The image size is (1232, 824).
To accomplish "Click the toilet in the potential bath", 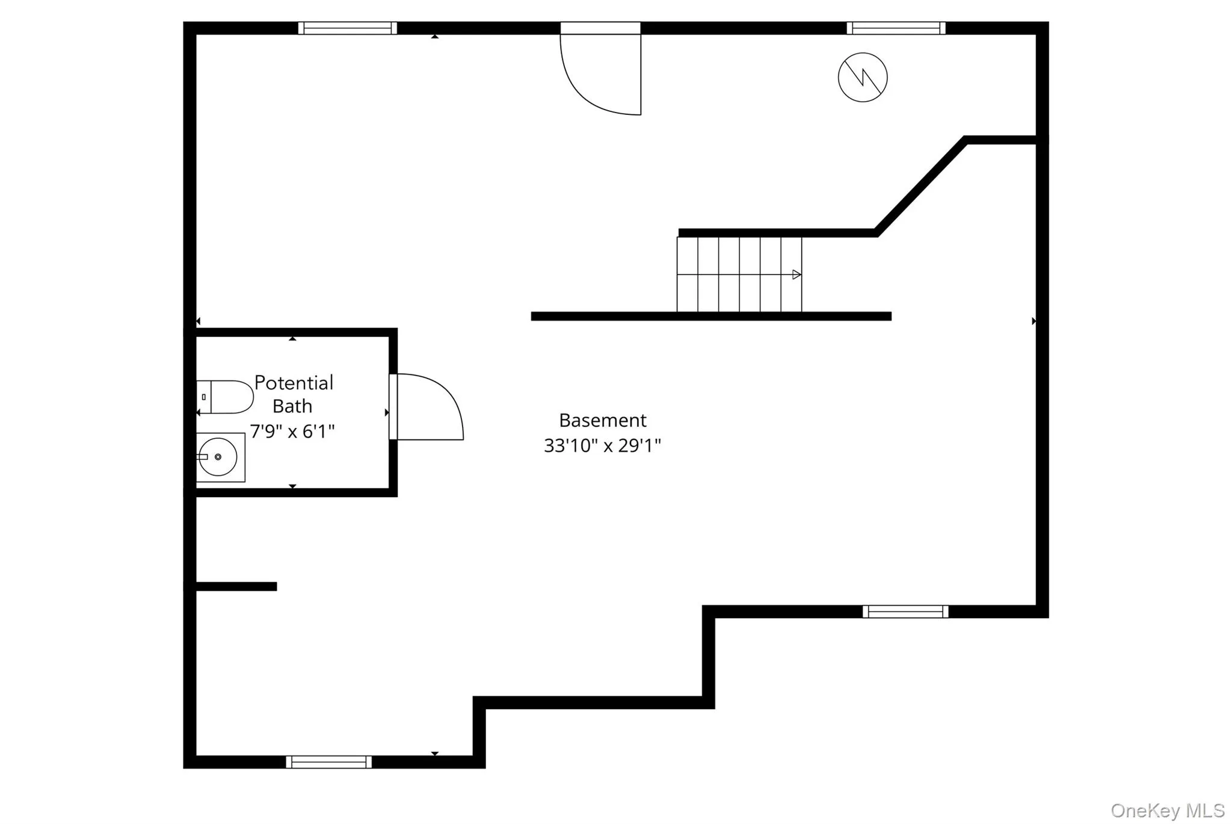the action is click(x=225, y=397).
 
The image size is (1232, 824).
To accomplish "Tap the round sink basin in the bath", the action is click(x=218, y=457).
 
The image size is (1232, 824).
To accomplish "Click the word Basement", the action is click(x=603, y=420).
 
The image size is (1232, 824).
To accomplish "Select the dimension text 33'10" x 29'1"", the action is click(x=603, y=445).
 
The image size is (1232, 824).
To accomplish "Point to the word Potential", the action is click(x=294, y=383).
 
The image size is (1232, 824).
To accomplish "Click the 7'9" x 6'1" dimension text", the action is click(x=292, y=432).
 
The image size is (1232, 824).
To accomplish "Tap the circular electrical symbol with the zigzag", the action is click(x=863, y=77).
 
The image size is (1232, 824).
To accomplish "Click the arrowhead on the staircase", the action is click(x=797, y=275).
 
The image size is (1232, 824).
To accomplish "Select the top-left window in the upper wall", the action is click(x=348, y=28).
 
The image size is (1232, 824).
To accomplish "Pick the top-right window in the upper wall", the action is click(x=896, y=28).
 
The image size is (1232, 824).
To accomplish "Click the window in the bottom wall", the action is click(x=328, y=762).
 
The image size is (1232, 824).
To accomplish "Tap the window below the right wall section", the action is click(x=905, y=612).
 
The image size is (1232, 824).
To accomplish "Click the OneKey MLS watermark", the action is click(x=1168, y=811).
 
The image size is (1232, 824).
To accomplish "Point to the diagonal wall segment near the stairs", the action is click(x=920, y=187).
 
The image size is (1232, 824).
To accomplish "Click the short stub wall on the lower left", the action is click(x=236, y=586).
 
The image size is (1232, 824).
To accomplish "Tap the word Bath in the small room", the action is click(x=292, y=406).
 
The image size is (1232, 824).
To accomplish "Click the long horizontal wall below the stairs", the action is click(x=711, y=316).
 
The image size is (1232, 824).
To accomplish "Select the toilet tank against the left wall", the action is click(x=204, y=397).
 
